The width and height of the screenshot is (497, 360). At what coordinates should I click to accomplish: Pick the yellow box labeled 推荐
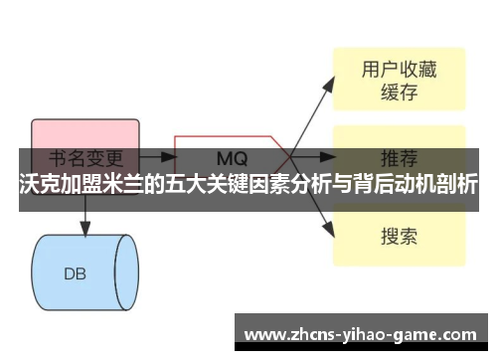(x=398, y=157)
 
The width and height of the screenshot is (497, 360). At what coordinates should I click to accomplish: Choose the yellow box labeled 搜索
(x=398, y=237)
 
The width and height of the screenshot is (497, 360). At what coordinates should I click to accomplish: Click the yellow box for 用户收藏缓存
(x=398, y=80)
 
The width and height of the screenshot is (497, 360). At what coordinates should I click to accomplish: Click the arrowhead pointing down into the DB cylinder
(x=83, y=230)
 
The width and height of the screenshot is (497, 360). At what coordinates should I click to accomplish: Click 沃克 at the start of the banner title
(x=39, y=186)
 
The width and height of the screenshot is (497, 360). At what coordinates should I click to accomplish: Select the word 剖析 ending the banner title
(x=456, y=186)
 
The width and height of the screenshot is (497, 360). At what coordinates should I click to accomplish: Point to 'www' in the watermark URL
(x=260, y=332)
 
